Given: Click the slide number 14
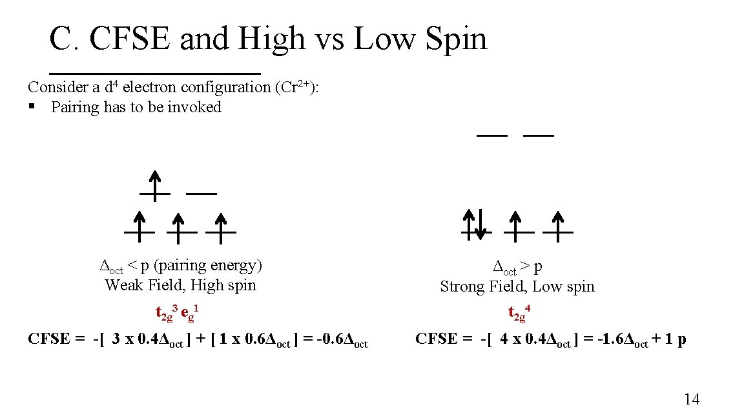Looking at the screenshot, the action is click(x=691, y=399).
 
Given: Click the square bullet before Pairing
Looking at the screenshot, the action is click(x=32, y=107).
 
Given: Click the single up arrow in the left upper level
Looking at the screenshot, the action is click(x=155, y=184).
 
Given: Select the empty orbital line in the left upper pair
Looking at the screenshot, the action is click(x=201, y=193).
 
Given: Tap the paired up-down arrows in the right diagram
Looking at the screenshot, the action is click(x=477, y=224).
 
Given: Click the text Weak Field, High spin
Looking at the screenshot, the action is click(x=180, y=285).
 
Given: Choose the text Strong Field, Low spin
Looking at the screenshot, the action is click(x=517, y=286).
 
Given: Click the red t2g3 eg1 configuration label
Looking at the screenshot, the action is click(x=176, y=313).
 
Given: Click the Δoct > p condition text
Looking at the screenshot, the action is click(x=517, y=266).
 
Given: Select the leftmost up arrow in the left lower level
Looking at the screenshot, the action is click(x=139, y=224).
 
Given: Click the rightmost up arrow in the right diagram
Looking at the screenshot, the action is click(x=558, y=224).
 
